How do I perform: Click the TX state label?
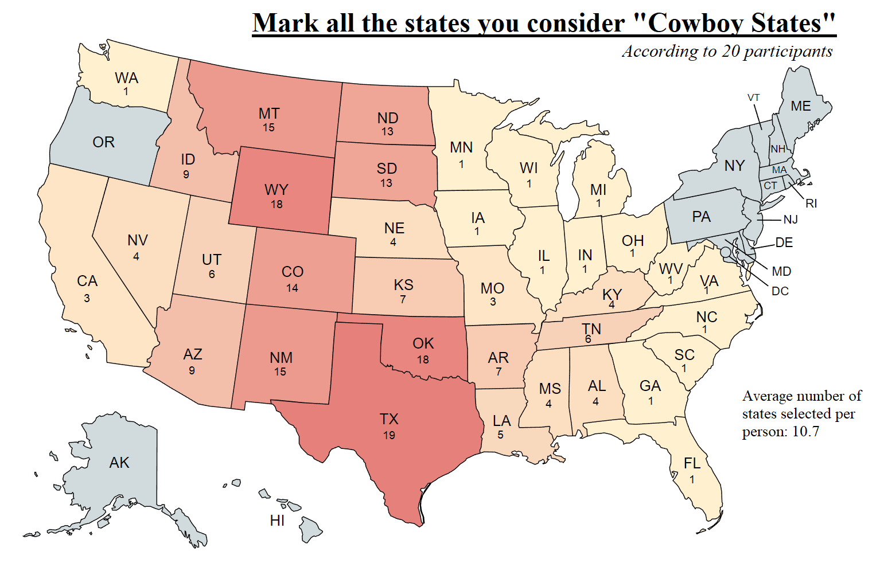[389, 419]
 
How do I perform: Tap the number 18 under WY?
[276, 204]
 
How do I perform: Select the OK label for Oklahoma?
[423, 343]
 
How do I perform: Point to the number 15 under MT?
[268, 128]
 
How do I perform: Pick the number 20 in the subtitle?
[730, 51]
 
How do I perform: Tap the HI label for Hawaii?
[277, 521]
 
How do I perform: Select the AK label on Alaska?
[119, 463]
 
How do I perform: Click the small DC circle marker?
[726, 252]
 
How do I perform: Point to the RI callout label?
[811, 204]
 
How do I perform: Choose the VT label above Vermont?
[753, 98]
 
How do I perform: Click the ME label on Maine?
[800, 107]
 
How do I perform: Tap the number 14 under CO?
[292, 288]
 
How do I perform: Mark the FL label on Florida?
[692, 463]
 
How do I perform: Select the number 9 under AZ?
[192, 370]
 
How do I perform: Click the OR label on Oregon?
[103, 142]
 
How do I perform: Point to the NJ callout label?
[790, 220]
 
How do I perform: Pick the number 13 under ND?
[387, 132]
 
